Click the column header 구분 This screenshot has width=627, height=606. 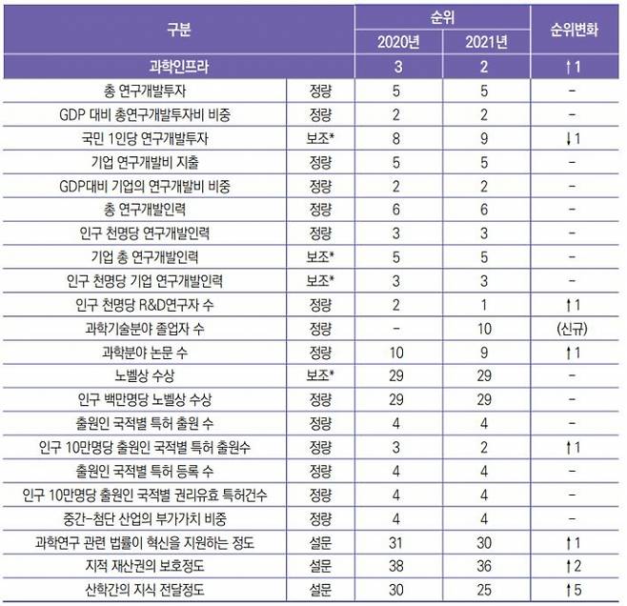coord(178,29)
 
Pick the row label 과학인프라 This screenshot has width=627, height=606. coord(178,67)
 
